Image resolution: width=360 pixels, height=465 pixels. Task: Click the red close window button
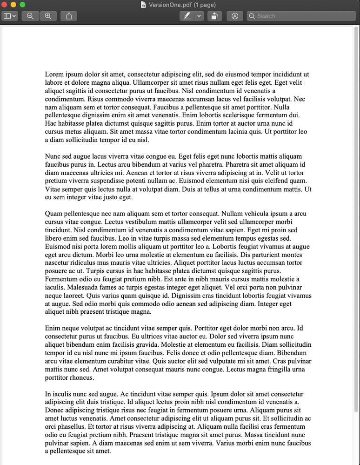pyautogui.click(x=5, y=5)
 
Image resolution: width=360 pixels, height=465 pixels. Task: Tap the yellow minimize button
pyautogui.click(x=13, y=5)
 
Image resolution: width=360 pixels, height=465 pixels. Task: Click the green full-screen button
pyautogui.click(x=22, y=5)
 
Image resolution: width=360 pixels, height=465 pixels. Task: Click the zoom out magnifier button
pyautogui.click(x=30, y=16)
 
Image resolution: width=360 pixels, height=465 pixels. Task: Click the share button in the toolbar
pyautogui.click(x=69, y=16)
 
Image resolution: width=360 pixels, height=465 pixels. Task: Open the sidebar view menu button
pyautogui.click(x=10, y=16)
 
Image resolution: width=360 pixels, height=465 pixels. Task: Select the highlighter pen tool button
pyautogui.click(x=187, y=16)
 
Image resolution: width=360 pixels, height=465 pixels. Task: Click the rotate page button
pyautogui.click(x=214, y=16)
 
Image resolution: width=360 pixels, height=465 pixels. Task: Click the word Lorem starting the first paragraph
pyautogui.click(x=54, y=74)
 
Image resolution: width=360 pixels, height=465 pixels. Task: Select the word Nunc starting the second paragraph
pyautogui.click(x=53, y=156)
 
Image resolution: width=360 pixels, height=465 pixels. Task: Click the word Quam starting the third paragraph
pyautogui.click(x=54, y=214)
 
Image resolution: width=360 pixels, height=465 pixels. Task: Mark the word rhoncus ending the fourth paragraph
pyautogui.click(x=82, y=377)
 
